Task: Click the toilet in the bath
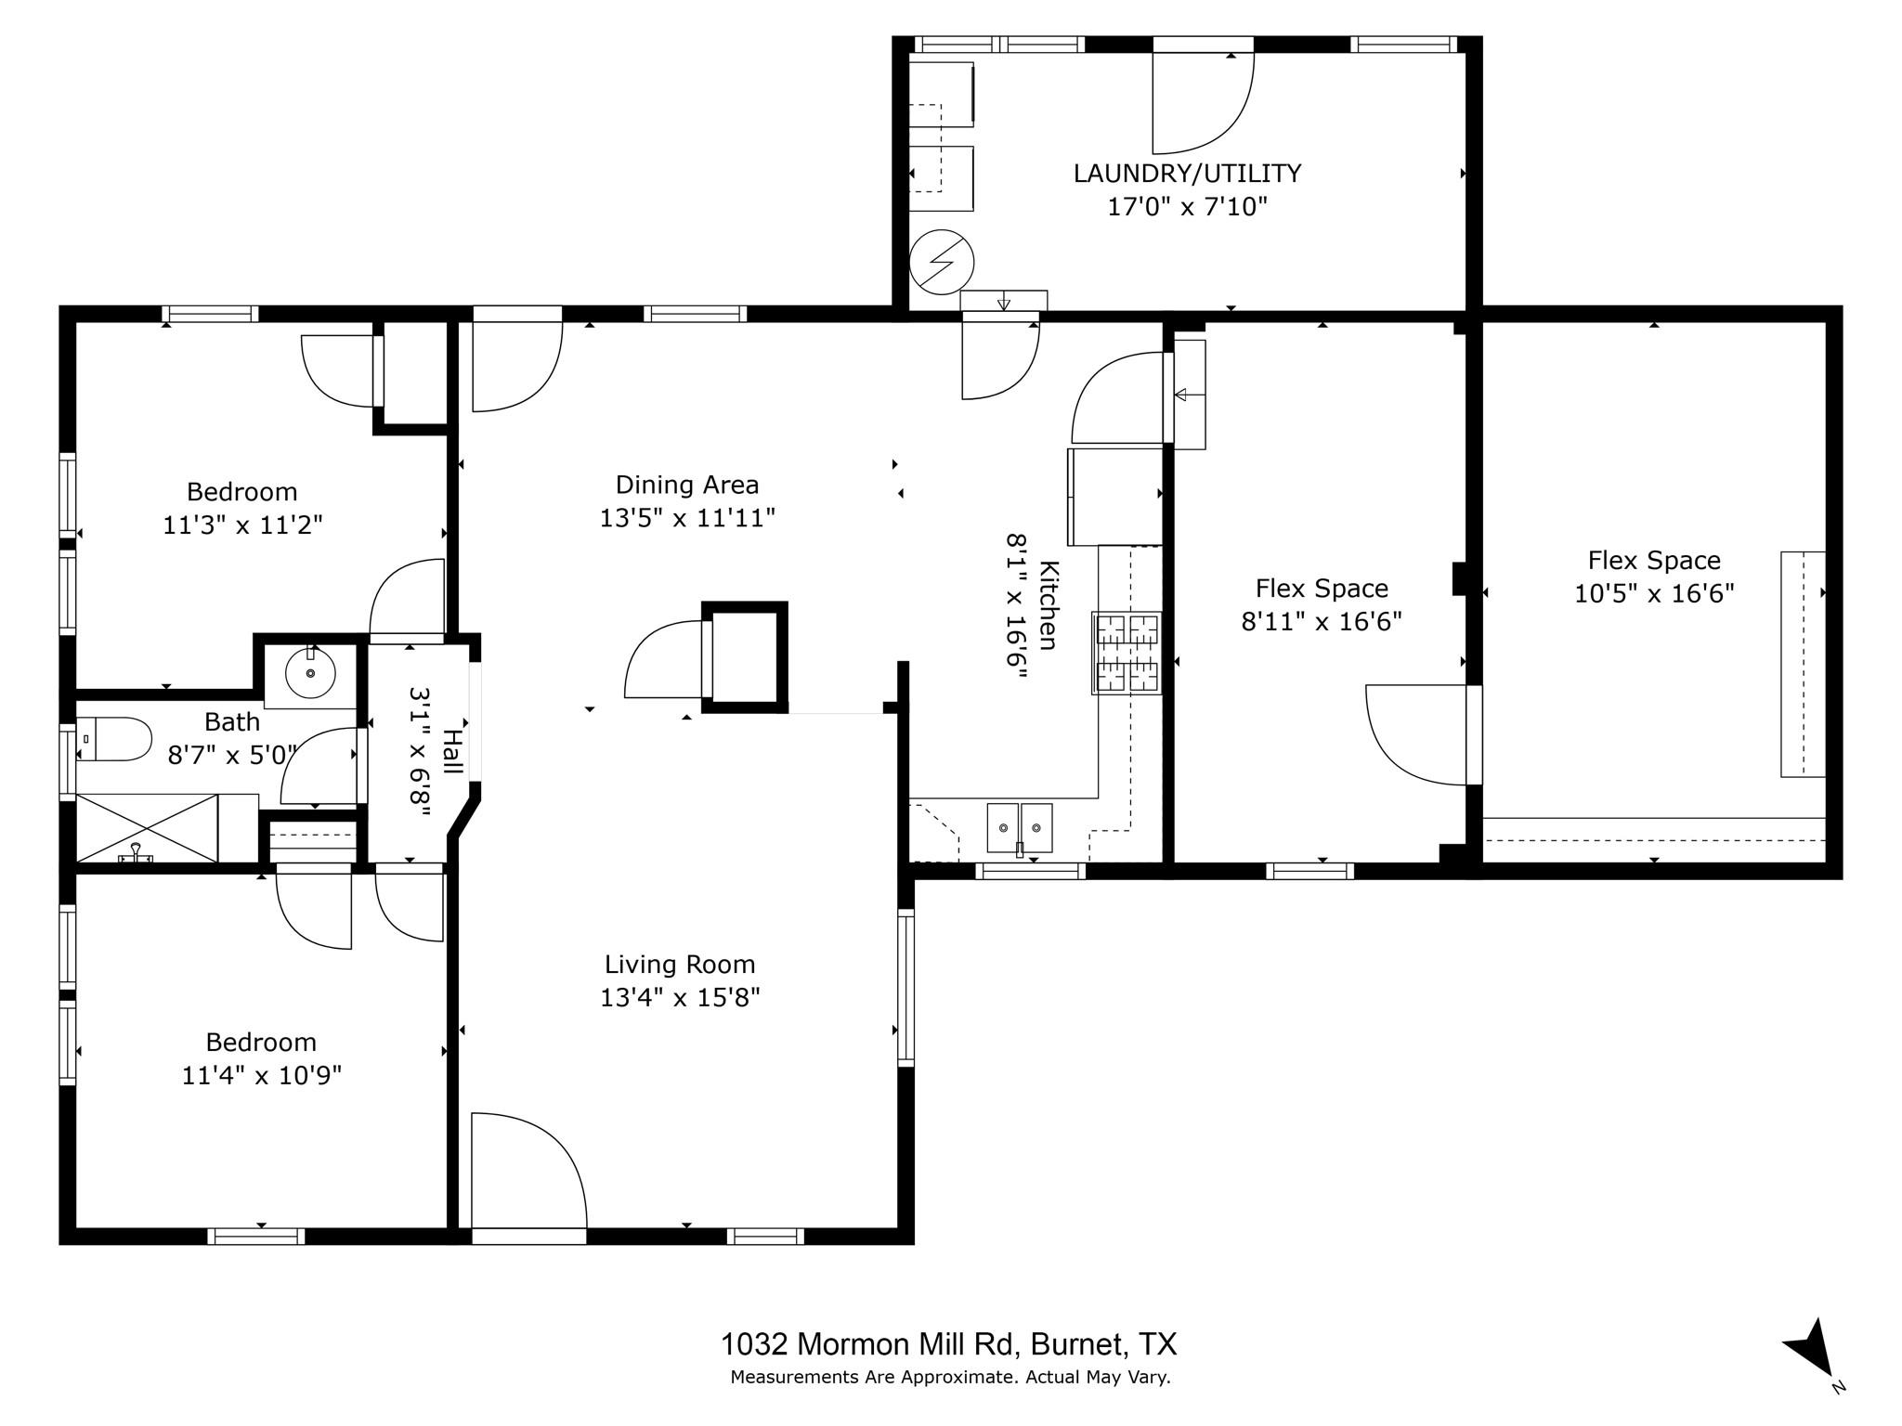click(x=116, y=739)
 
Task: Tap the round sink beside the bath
click(x=310, y=672)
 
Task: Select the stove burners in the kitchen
click(x=1127, y=653)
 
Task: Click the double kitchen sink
click(x=1019, y=826)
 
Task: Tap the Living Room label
click(x=680, y=965)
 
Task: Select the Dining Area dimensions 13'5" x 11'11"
click(x=686, y=518)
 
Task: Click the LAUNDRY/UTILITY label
click(x=1187, y=174)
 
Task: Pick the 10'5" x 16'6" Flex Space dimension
click(x=1654, y=593)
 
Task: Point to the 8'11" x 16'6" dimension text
click(x=1322, y=621)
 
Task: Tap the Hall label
click(x=451, y=751)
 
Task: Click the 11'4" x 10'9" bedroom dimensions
click(x=262, y=1075)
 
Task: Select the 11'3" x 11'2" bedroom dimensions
click(x=242, y=525)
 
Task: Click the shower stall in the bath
click(x=147, y=827)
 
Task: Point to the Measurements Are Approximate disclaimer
click(x=950, y=1378)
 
